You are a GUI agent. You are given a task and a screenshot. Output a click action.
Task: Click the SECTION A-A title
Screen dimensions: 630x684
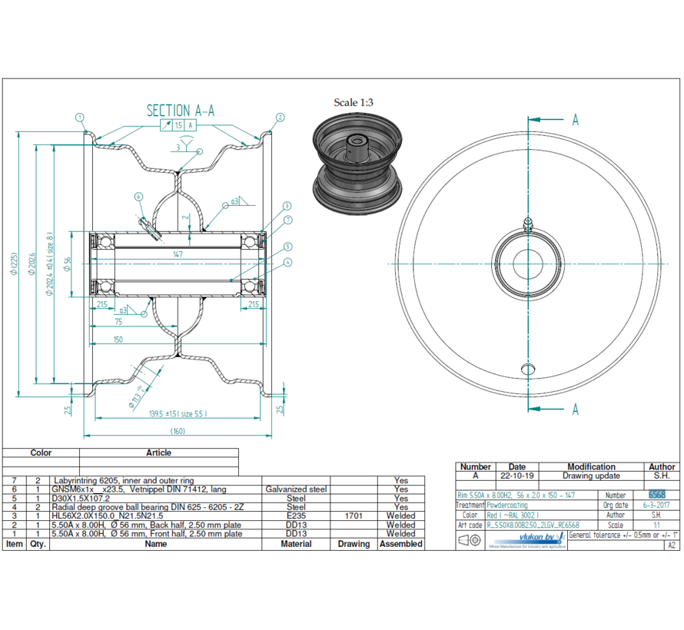(180, 111)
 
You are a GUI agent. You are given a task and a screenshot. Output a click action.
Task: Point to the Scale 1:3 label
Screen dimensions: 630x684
(354, 102)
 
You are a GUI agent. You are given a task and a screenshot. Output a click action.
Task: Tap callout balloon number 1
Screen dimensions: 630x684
(79, 118)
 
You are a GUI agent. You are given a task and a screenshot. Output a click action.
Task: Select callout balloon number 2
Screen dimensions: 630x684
(280, 118)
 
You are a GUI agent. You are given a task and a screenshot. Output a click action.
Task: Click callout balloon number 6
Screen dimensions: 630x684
(139, 197)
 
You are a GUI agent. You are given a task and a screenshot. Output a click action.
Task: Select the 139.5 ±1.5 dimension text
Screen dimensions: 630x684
(178, 414)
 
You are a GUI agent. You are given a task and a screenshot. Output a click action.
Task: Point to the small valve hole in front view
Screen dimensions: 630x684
(527, 366)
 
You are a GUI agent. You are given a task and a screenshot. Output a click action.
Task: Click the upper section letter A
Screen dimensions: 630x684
(574, 119)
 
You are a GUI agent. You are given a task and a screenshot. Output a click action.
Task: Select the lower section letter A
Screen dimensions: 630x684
(574, 410)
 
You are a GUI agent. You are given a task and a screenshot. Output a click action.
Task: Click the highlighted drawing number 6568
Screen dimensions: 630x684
(657, 496)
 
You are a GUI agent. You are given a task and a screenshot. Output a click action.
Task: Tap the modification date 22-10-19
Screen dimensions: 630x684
(517, 476)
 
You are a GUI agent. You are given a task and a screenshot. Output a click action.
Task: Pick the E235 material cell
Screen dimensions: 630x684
(296, 516)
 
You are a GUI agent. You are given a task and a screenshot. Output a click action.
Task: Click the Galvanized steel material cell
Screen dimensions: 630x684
(296, 489)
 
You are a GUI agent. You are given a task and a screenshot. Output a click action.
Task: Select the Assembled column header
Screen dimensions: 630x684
(401, 544)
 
